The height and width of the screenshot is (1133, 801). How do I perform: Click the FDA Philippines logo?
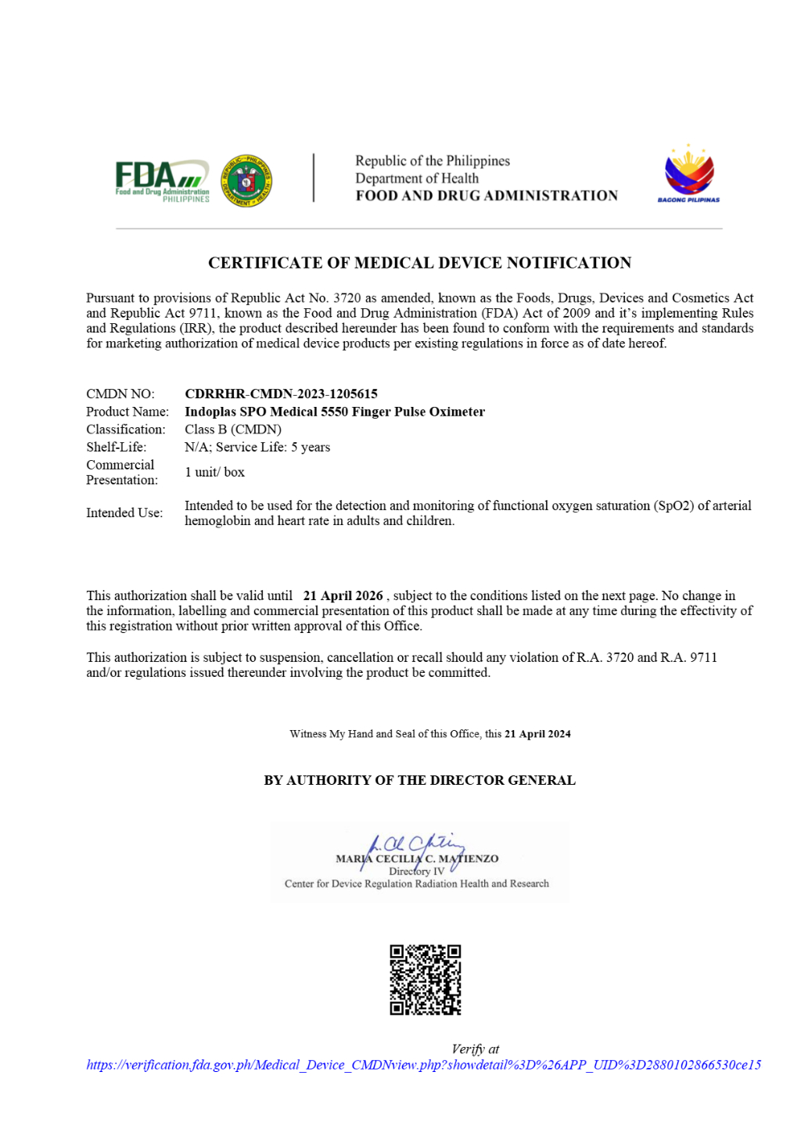(163, 182)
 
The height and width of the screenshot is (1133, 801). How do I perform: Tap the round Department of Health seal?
(246, 181)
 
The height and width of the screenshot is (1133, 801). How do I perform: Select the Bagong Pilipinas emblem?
(688, 174)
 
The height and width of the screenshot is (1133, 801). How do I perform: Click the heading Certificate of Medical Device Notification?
(419, 263)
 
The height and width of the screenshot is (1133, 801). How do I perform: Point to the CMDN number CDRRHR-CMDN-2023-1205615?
(281, 394)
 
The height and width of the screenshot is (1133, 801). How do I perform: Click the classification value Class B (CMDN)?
(233, 430)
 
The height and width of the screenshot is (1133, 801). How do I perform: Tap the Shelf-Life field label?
(116, 448)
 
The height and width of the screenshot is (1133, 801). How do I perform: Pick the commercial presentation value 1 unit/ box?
(214, 473)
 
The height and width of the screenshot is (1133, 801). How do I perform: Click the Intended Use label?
(124, 513)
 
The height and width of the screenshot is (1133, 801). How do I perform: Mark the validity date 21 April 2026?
(343, 596)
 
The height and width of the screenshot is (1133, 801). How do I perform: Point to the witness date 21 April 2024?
(537, 734)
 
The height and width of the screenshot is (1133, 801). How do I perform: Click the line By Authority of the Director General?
(419, 780)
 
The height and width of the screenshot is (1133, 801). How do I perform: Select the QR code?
(426, 980)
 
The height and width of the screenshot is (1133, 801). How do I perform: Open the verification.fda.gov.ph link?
(423, 1065)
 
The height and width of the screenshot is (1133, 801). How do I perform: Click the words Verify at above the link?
(475, 1049)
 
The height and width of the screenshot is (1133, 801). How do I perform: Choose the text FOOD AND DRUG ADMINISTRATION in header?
(487, 196)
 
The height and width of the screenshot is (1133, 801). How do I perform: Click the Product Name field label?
(128, 412)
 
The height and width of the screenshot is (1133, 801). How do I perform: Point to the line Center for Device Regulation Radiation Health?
(416, 884)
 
